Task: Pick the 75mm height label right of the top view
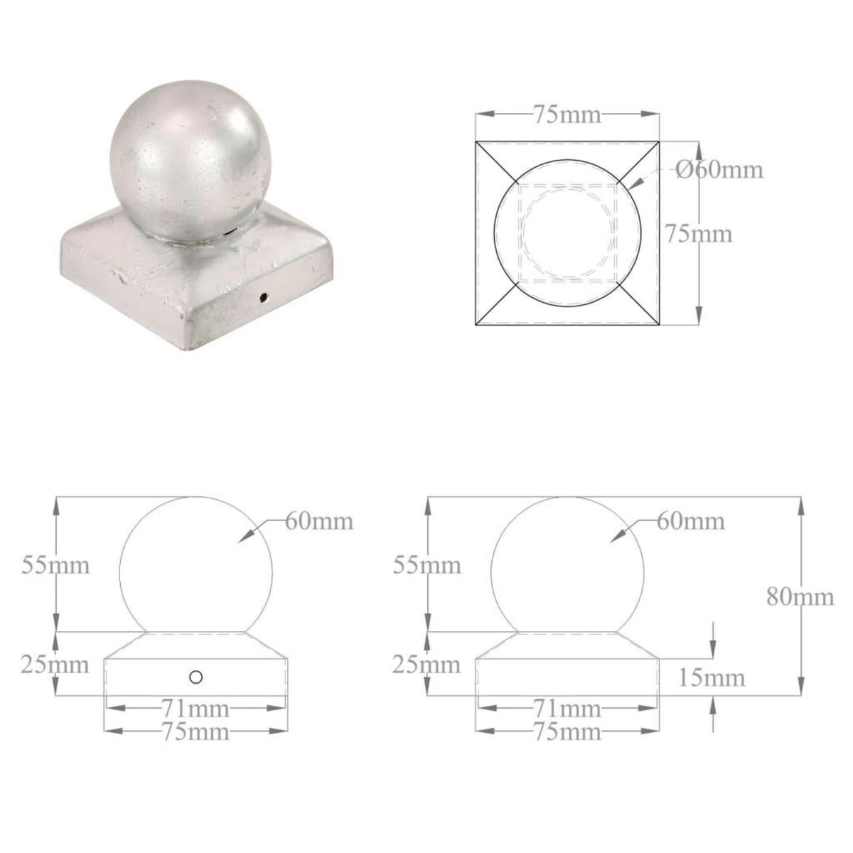(x=697, y=233)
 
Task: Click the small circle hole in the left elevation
(x=196, y=677)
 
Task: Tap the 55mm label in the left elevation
(x=55, y=566)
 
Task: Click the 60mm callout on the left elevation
(x=319, y=521)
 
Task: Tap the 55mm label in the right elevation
(x=426, y=566)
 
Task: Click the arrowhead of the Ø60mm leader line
(x=632, y=186)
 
